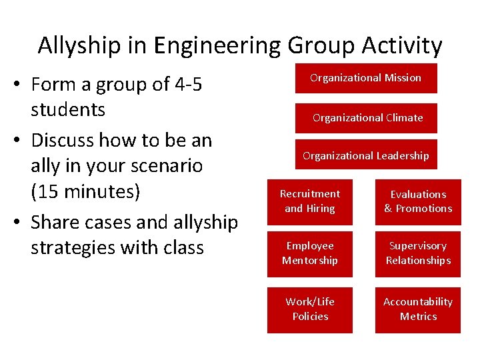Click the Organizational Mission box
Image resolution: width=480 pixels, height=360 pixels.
[x=365, y=78]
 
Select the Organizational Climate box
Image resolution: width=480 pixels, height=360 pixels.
[x=367, y=118]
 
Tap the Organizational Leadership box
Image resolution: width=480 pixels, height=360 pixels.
[x=365, y=155]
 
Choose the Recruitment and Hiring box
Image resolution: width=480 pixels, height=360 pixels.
[x=309, y=201]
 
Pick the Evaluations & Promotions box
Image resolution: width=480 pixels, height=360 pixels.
[x=418, y=201]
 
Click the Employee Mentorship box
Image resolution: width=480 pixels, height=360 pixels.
[x=309, y=253]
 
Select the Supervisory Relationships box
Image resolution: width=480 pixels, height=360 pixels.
[x=418, y=253]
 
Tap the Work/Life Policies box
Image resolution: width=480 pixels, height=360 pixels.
[x=309, y=309]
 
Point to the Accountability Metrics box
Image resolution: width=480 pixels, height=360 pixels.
[x=418, y=309]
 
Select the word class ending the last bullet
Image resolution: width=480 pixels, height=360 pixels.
[x=182, y=247]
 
